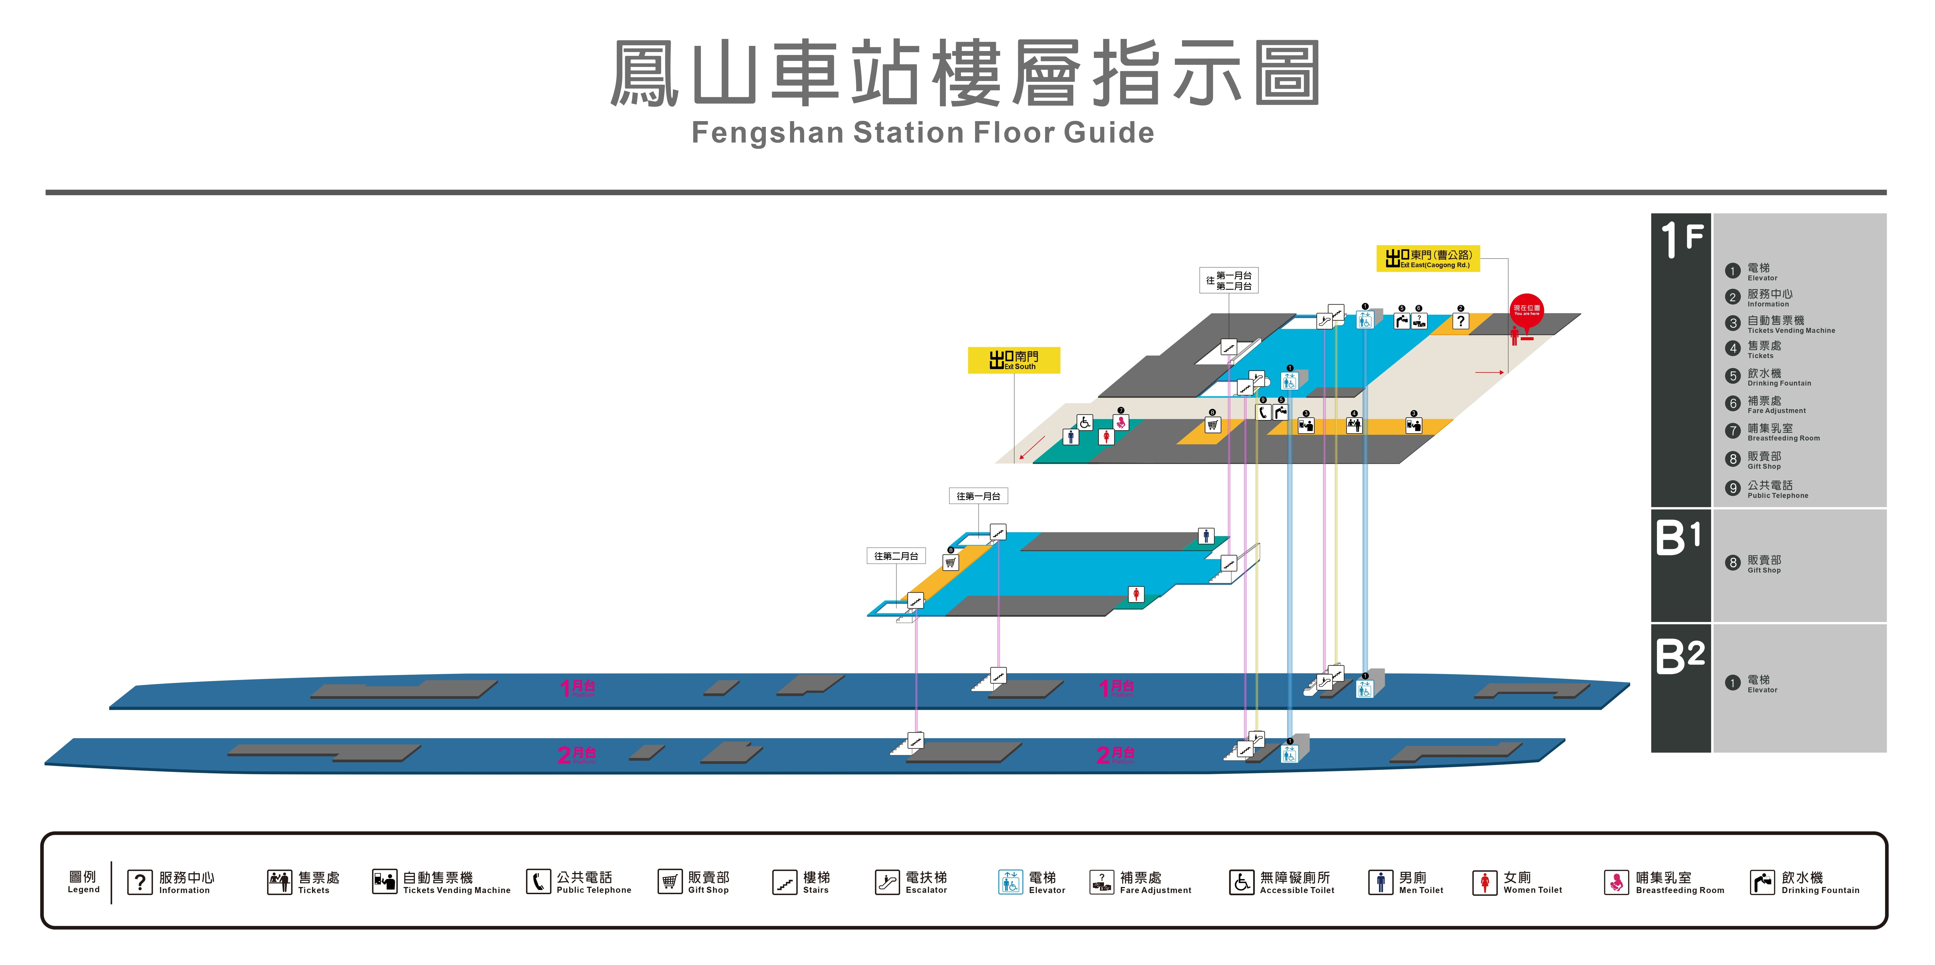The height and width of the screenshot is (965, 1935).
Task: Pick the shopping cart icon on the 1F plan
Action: click(1212, 425)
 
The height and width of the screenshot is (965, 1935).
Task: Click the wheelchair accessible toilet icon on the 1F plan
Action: click(1085, 422)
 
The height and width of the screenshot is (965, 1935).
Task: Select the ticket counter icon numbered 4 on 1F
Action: click(1354, 425)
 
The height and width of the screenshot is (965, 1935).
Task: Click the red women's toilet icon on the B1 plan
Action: click(1136, 595)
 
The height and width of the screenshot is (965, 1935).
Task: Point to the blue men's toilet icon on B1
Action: click(1206, 536)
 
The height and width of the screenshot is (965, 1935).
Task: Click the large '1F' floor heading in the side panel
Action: click(1681, 239)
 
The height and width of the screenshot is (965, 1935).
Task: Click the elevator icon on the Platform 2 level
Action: click(1289, 754)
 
